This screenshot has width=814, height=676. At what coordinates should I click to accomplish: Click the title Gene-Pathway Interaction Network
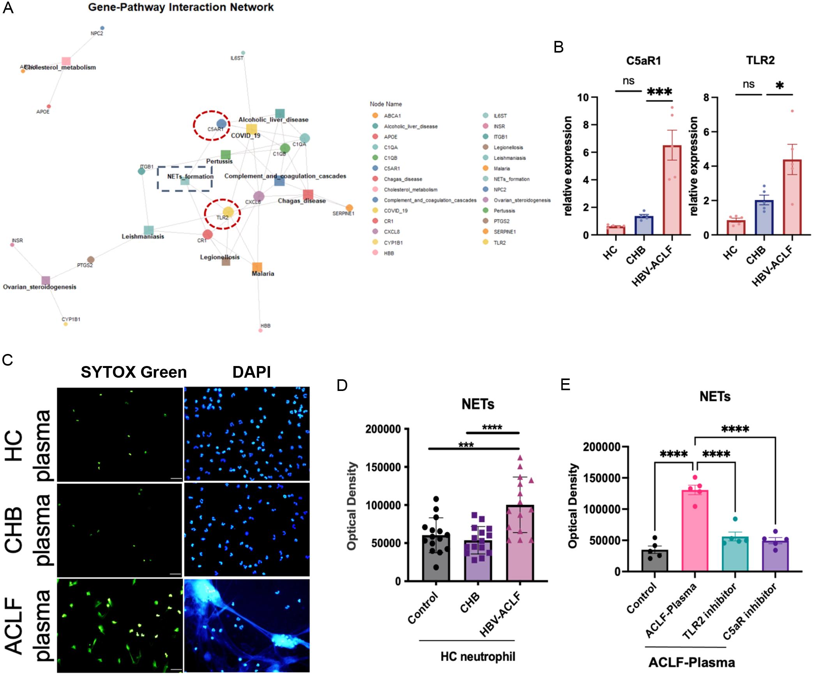[181, 7]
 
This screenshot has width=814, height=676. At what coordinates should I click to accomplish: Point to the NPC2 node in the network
[102, 28]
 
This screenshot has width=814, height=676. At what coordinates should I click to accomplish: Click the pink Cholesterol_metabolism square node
[66, 61]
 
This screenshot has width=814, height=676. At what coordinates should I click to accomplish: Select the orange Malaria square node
[257, 267]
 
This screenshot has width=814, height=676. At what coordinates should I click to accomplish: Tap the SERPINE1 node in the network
[350, 208]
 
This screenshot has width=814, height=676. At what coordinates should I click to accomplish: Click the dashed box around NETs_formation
[185, 179]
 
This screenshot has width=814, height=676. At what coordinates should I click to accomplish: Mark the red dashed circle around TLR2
[222, 214]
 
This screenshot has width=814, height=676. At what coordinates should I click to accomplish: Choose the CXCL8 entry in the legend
[392, 232]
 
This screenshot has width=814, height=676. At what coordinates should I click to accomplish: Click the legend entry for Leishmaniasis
[509, 158]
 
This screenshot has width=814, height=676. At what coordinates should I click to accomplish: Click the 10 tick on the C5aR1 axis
[583, 97]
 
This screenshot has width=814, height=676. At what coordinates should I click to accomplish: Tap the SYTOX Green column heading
[134, 372]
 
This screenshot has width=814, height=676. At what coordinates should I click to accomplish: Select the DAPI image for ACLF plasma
[247, 625]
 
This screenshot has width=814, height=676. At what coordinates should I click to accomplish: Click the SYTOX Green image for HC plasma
[120, 434]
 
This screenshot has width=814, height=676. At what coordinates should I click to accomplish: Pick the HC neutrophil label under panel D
[477, 657]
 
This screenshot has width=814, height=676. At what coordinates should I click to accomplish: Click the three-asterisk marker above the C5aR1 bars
[659, 92]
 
